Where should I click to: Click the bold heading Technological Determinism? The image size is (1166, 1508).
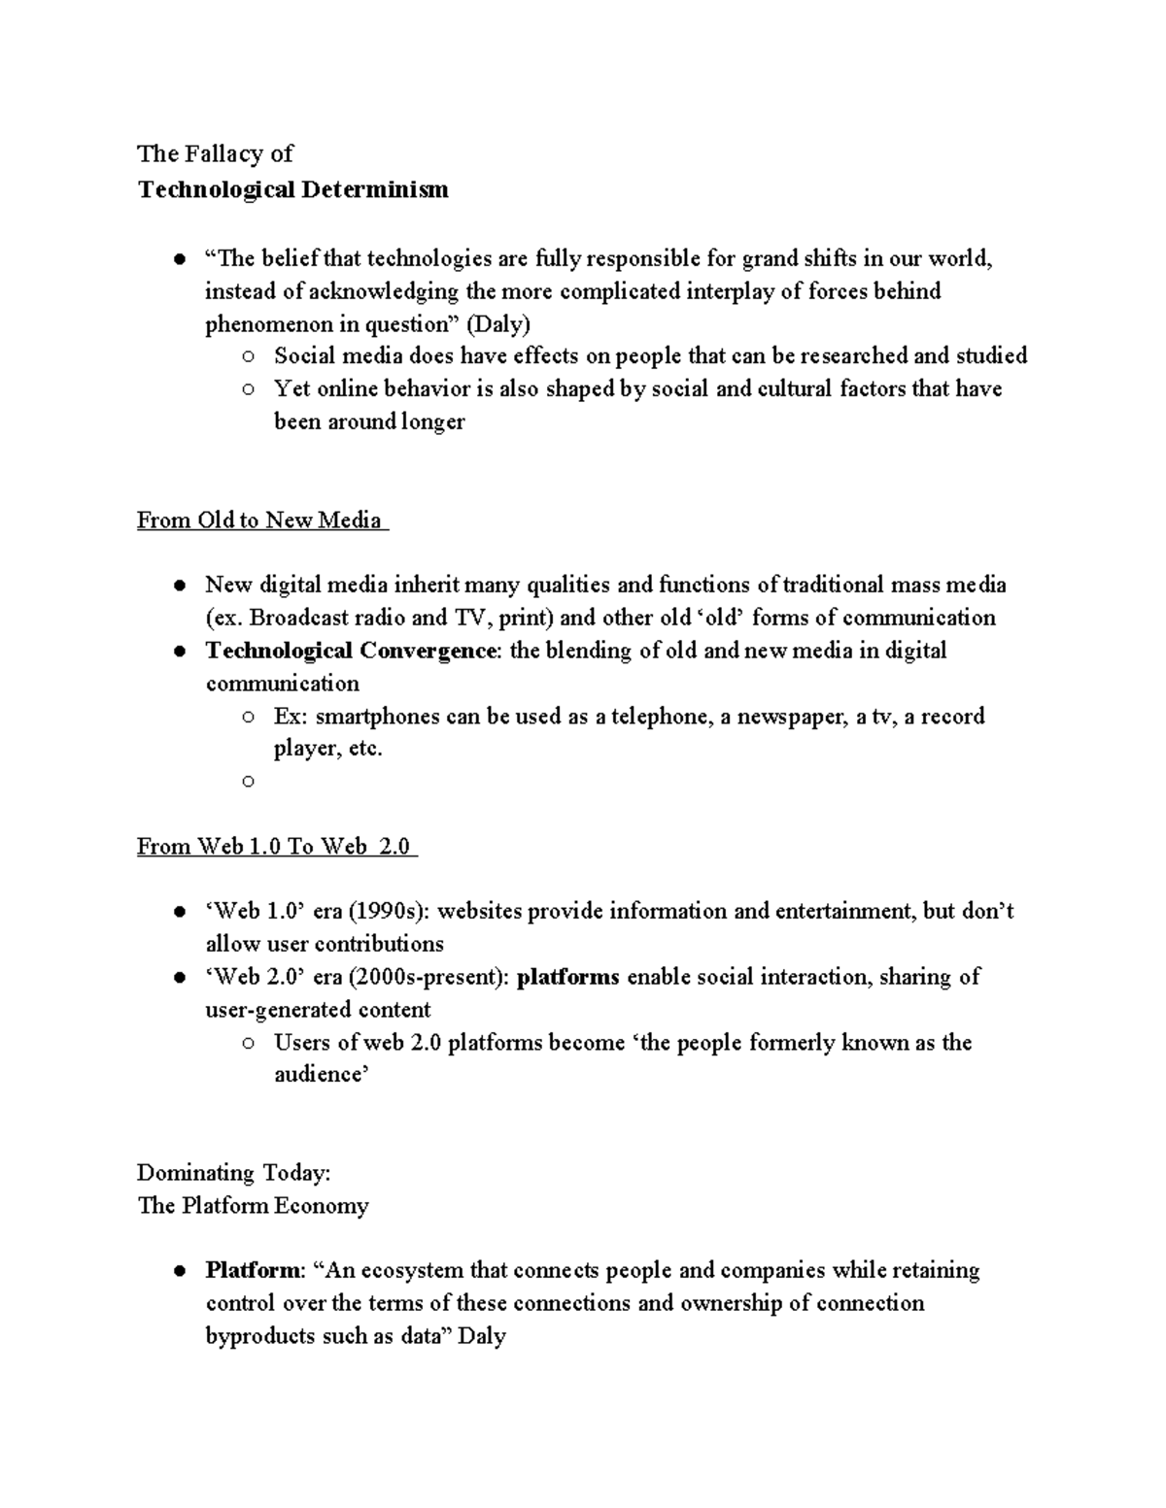[x=292, y=189]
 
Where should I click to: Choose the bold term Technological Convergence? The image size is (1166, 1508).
[x=351, y=650]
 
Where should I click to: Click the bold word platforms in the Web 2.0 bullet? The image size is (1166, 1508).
[x=567, y=976]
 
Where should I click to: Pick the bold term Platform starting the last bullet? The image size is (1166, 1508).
[x=253, y=1270]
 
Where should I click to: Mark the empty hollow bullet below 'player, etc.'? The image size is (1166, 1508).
[x=248, y=781]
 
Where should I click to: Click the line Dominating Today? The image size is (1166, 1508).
[x=234, y=1173]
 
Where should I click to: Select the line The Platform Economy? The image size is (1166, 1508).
[x=253, y=1206]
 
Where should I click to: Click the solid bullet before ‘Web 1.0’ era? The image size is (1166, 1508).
[x=180, y=912]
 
